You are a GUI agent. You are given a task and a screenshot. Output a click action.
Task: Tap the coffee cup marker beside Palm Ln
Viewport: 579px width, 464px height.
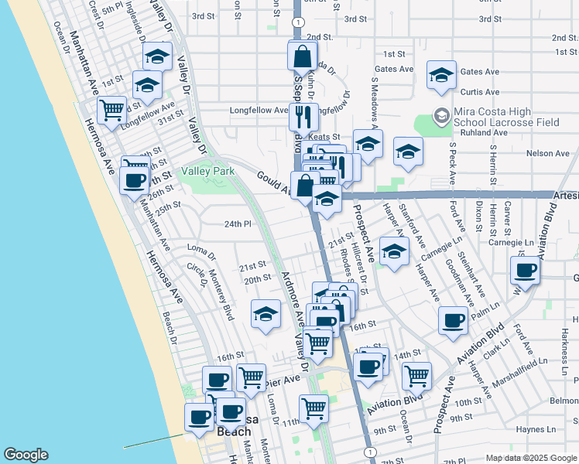click(453, 320)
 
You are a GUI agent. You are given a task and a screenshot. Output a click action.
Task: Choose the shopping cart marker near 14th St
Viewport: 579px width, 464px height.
click(417, 376)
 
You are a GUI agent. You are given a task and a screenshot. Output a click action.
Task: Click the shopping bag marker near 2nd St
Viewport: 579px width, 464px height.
click(302, 56)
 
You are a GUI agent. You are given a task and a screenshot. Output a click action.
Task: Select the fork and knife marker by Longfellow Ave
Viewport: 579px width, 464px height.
click(303, 117)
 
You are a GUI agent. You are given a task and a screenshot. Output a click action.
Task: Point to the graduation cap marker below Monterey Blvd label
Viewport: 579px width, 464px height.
click(266, 314)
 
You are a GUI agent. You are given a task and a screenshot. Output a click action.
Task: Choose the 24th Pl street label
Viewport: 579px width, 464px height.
click(238, 224)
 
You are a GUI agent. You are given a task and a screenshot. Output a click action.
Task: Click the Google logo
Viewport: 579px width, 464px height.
click(26, 455)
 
